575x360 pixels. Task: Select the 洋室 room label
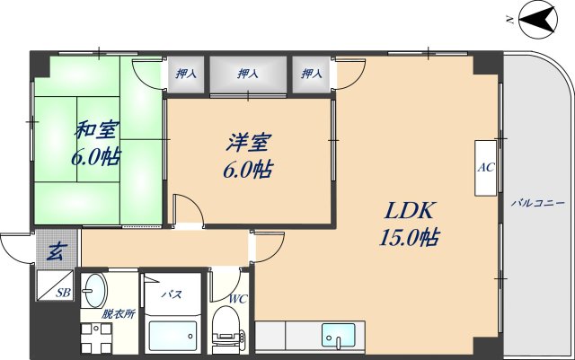point(244,142)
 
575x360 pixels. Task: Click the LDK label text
point(411,211)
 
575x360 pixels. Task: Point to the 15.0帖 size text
point(411,238)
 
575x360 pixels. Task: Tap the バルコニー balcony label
point(537,204)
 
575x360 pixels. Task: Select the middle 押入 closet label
point(249,75)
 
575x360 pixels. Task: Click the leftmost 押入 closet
point(186,75)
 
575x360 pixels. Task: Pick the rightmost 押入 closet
point(311,75)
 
